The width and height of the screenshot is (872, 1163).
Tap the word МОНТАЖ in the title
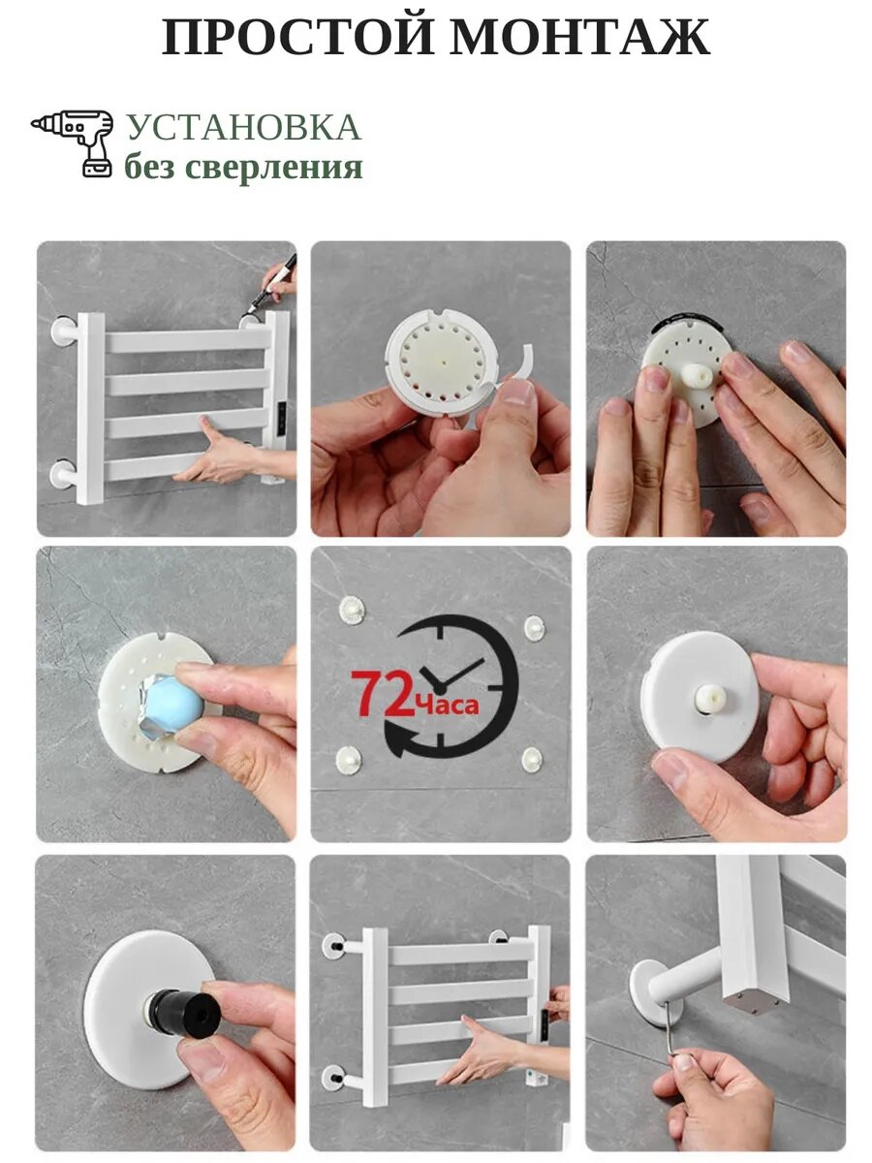[x=580, y=37]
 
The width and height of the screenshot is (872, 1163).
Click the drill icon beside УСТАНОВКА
[x=73, y=143]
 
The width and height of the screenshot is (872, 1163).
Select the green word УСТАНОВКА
[x=244, y=128]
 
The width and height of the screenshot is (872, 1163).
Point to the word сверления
[x=275, y=168]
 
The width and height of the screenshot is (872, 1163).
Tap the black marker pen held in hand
[x=271, y=283]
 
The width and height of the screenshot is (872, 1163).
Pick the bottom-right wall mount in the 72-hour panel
[x=532, y=759]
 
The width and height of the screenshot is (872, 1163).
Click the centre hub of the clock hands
[x=440, y=687]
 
